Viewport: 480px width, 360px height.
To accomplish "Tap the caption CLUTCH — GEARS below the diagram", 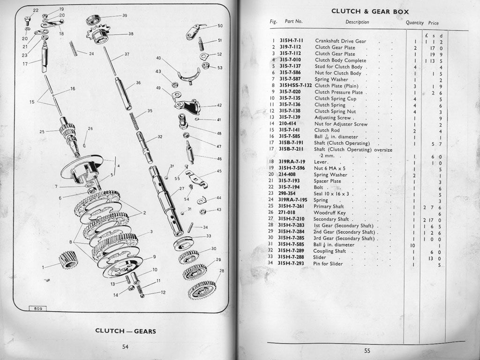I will point(126,331).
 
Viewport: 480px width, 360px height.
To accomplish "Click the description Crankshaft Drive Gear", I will point(340,41).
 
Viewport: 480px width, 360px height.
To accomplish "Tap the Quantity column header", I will point(414,22).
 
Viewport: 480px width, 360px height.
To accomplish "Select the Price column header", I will point(433,23).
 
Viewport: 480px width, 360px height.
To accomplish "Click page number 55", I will point(367,350).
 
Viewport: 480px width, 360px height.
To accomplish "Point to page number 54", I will point(125,347).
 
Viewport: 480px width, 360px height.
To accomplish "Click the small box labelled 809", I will point(37,308).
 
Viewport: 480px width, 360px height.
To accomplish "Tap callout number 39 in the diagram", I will point(125,15).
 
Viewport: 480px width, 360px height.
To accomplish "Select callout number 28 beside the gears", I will point(222,271).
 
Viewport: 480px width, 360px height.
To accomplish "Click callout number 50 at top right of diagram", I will point(220,26).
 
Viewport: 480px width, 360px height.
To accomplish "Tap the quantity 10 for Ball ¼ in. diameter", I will point(413,245).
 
